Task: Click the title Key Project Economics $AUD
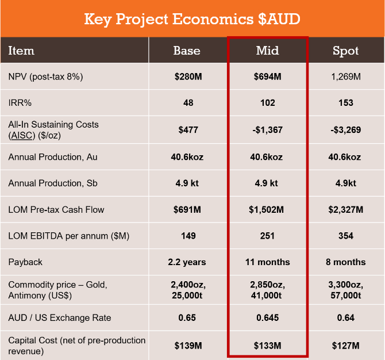tap(192, 19)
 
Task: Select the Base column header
tap(187, 51)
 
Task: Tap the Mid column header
tap(267, 51)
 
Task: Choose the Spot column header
tap(346, 51)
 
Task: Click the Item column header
tap(21, 51)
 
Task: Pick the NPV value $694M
tap(267, 76)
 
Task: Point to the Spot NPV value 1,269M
tap(346, 76)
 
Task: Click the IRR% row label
tap(20, 103)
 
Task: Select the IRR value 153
tap(346, 103)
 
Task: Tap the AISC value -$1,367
tap(267, 130)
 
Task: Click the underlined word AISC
tap(22, 135)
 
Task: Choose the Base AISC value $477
tap(188, 130)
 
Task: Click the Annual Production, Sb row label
tap(53, 183)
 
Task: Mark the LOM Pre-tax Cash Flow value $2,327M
tap(346, 209)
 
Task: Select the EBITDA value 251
tap(267, 236)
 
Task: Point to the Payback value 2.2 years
tap(187, 262)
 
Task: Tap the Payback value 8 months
tap(346, 262)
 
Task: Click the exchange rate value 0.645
tap(267, 318)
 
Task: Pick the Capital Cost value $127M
tap(346, 346)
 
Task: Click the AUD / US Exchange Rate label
tap(60, 318)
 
